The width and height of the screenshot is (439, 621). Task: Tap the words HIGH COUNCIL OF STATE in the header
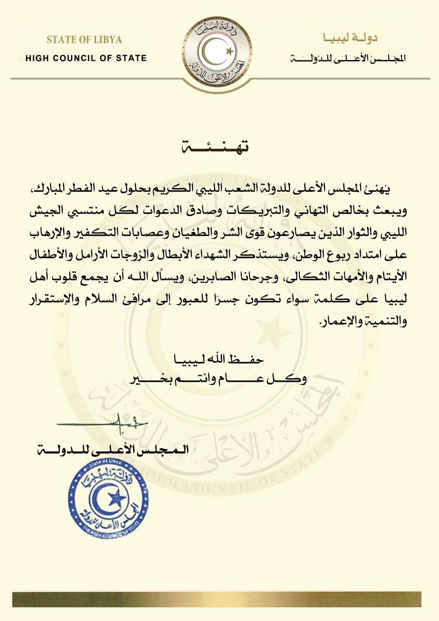86,58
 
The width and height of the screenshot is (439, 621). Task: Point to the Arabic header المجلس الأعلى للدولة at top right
348,59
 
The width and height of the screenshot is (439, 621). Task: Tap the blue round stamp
108,497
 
